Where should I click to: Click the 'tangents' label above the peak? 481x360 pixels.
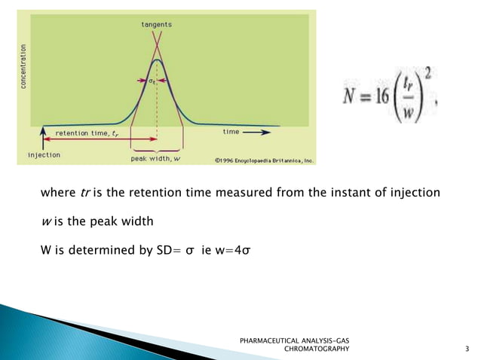[156, 24]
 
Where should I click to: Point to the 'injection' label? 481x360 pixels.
[44, 155]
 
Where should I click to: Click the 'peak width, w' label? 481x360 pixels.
[156, 159]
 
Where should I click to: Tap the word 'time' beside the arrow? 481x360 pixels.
[231, 131]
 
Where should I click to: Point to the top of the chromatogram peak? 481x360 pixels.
[156, 58]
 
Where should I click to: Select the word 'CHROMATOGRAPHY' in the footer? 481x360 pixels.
[316, 349]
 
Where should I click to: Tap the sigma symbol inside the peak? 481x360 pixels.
[152, 80]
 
